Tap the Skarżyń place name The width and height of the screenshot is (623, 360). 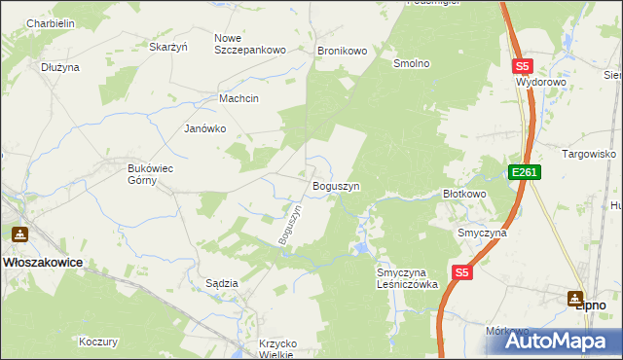pos(167,46)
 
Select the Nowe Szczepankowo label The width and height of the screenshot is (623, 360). pos(249,44)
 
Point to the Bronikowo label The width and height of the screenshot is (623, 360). pos(341,50)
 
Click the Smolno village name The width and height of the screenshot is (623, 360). pos(411,63)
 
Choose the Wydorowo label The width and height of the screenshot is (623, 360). pos(542,83)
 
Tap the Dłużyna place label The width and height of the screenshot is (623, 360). pos(60,67)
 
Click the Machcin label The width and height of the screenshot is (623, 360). pos(239,99)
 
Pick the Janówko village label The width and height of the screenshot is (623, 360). pos(205,128)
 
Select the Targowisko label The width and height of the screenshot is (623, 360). pos(590,154)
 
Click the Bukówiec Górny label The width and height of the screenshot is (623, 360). pos(151,174)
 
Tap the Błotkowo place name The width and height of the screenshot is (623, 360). pos(464,194)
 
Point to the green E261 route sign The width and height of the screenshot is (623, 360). pos(524,172)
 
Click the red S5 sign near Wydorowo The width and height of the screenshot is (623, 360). pos(523,66)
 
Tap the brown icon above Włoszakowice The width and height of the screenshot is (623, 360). pos(19,234)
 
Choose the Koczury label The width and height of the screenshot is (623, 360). pos(98,342)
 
